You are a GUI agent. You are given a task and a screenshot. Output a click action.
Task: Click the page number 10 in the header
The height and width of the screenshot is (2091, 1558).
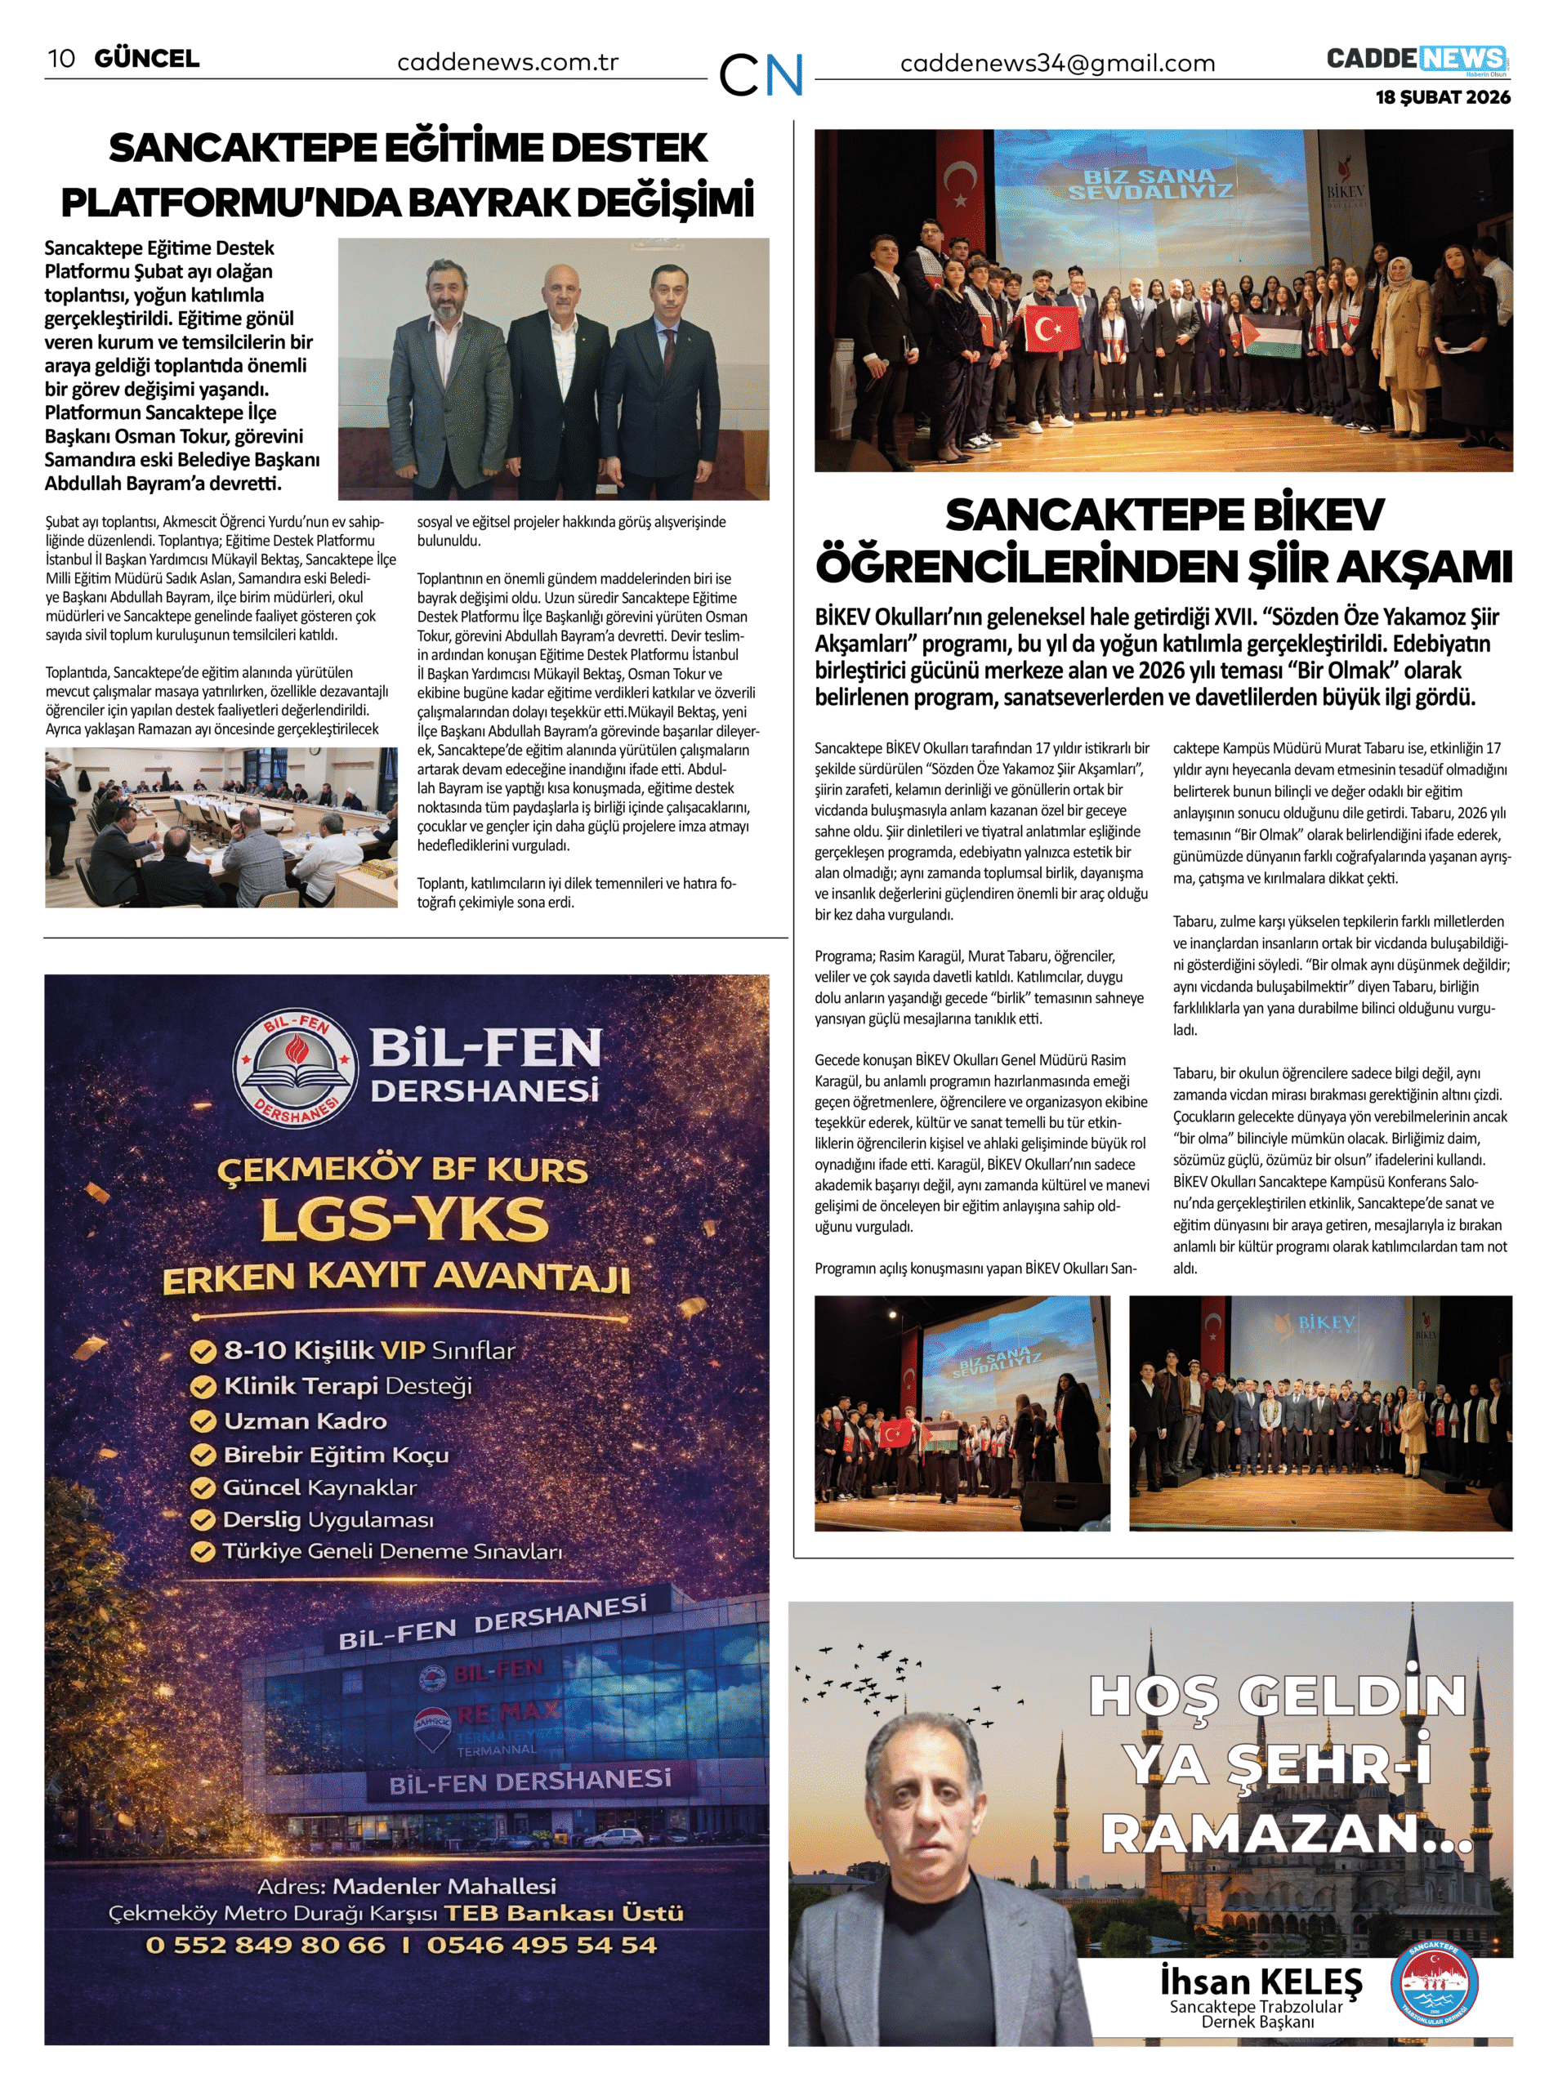(x=61, y=59)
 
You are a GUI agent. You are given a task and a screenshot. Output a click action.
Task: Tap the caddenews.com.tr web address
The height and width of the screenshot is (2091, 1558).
(x=507, y=63)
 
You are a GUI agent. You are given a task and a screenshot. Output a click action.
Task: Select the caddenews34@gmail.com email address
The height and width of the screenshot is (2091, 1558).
(x=1057, y=64)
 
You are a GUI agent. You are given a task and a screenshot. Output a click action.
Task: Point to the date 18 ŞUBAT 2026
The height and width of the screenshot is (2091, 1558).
(x=1442, y=97)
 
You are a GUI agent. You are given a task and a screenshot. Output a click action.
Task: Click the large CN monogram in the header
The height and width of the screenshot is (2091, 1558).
(x=760, y=74)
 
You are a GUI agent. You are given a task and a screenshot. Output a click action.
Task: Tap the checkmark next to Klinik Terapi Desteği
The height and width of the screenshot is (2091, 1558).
(x=203, y=1387)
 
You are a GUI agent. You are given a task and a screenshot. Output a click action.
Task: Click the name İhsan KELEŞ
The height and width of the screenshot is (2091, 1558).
(x=1261, y=1982)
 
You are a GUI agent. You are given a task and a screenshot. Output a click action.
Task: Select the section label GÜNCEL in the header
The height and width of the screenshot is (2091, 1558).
(x=147, y=59)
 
